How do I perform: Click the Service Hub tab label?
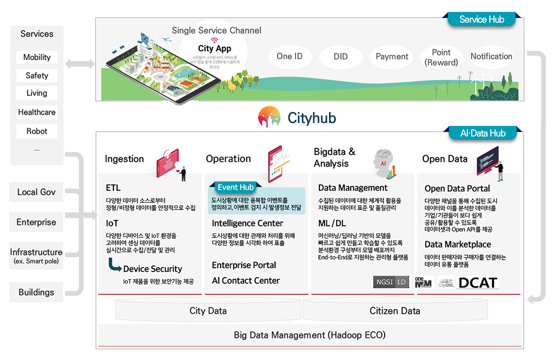coord(481,20)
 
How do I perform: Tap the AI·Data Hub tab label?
coord(482,133)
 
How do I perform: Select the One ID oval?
coord(290,57)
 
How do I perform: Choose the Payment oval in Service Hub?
coord(392,57)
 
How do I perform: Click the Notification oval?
coord(491,57)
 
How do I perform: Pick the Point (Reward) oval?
coord(441,57)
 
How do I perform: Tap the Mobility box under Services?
coord(37,57)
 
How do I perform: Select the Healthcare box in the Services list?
coord(37,112)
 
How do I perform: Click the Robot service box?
coord(37,131)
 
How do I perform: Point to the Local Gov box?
coord(36,192)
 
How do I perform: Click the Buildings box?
coord(36,292)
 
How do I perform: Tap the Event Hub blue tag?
coord(236,187)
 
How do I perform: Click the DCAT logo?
coord(477,283)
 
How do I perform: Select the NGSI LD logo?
coord(391,283)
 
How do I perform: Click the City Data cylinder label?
coord(208,311)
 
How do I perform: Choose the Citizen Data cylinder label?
coord(395,311)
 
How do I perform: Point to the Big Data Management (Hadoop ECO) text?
coord(309,335)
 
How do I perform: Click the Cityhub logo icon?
coord(269,117)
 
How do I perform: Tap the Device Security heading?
coord(152,269)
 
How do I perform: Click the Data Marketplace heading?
coord(458,244)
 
